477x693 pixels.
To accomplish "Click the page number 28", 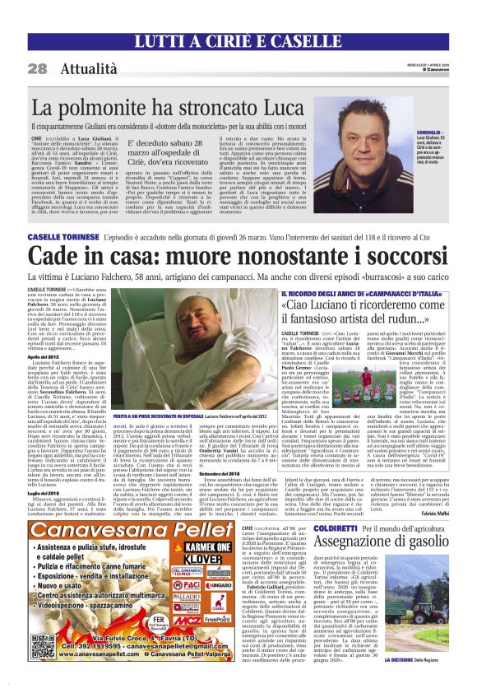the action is [37, 67].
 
